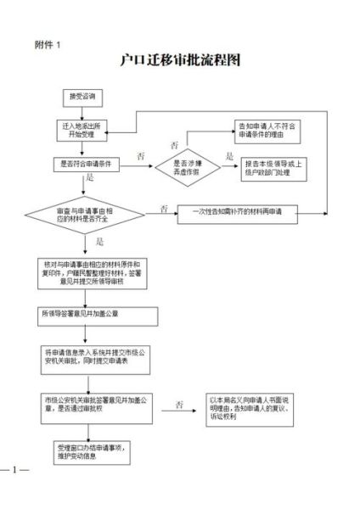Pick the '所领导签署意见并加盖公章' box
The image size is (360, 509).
pyautogui.click(x=98, y=314)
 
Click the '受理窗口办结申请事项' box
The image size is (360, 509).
pyautogui.click(x=89, y=450)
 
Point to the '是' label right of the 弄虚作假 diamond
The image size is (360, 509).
pyautogui.click(x=228, y=156)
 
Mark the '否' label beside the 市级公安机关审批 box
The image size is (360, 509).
pyautogui.click(x=180, y=404)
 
